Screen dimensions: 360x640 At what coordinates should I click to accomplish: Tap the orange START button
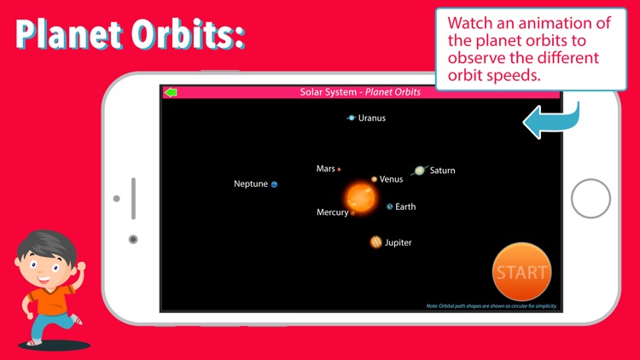pyautogui.click(x=521, y=272)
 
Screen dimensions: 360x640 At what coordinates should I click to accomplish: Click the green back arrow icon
pyautogui.click(x=171, y=92)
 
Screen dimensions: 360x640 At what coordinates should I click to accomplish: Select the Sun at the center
pyautogui.click(x=361, y=197)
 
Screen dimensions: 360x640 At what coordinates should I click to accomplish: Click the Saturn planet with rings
pyautogui.click(x=419, y=171)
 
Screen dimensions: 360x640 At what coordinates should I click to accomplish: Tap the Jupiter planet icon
pyautogui.click(x=375, y=242)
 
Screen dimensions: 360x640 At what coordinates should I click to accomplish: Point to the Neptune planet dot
pyautogui.click(x=275, y=184)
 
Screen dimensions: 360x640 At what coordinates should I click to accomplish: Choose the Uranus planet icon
pyautogui.click(x=351, y=119)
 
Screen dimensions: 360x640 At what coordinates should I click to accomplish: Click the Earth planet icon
pyautogui.click(x=390, y=206)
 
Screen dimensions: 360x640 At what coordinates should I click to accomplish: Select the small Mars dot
pyautogui.click(x=339, y=170)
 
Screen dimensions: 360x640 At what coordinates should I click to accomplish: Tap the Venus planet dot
pyautogui.click(x=374, y=179)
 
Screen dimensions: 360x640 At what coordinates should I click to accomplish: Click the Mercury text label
pyautogui.click(x=332, y=212)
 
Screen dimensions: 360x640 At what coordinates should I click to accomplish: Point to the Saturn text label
pyautogui.click(x=442, y=171)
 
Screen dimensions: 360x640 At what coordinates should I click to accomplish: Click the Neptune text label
pyautogui.click(x=251, y=184)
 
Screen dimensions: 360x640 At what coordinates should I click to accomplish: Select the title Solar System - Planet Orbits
pyautogui.click(x=360, y=92)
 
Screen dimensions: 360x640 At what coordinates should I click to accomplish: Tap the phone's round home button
pyautogui.click(x=591, y=199)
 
